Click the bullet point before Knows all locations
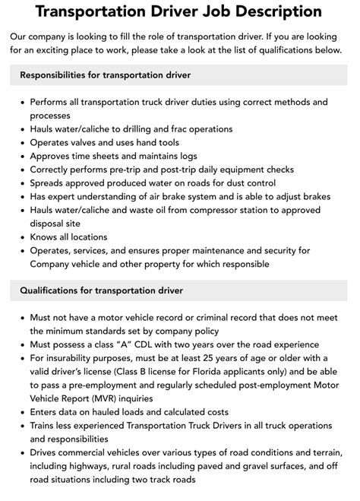21,237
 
